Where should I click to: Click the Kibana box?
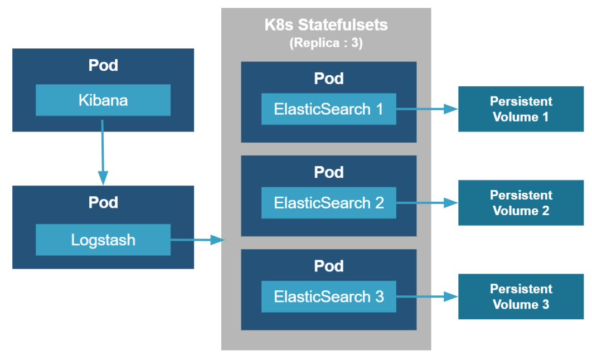103,100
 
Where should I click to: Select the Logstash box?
103,240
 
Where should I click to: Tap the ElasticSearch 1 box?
328,109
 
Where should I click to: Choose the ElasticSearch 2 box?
328,202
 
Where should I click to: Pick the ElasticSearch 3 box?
328,296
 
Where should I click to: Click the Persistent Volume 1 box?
521,109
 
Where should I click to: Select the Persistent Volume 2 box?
521,203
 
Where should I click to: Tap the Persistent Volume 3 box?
521,296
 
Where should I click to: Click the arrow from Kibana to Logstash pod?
103,150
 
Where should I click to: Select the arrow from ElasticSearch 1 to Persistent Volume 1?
427,109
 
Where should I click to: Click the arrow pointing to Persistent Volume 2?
427,203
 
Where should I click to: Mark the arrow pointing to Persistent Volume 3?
427,297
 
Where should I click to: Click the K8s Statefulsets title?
326,25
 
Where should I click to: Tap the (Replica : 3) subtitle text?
326,43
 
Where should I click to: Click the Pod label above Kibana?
103,65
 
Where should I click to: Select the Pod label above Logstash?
103,202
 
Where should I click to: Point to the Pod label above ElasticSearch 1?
328,79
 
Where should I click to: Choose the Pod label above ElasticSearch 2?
328,172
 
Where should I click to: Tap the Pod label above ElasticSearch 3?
328,266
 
